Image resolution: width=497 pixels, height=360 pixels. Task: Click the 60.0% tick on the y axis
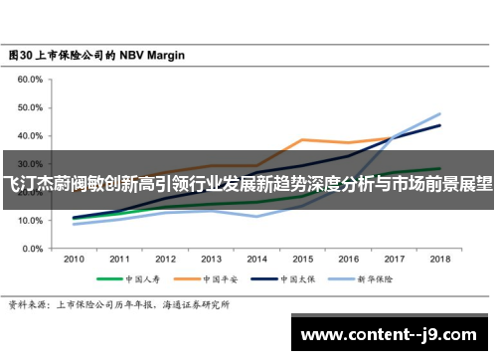pos(29,79)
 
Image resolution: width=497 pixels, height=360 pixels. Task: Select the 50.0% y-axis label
pos(29,107)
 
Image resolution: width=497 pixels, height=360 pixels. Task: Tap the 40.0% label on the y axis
pos(29,135)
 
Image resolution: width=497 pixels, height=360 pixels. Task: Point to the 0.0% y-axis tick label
pos(31,249)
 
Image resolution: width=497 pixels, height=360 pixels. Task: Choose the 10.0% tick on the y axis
pos(29,221)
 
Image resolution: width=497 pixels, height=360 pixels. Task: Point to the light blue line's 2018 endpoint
pos(439,113)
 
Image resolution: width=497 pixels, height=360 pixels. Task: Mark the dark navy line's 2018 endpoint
pos(439,125)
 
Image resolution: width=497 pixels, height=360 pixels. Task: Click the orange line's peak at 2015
pos(302,139)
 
